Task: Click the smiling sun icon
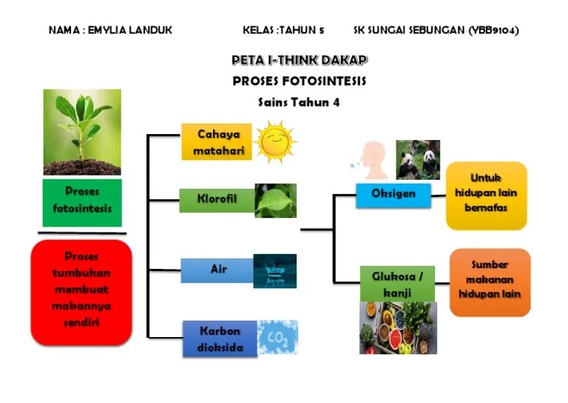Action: (x=274, y=141)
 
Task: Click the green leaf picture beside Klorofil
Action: (x=275, y=201)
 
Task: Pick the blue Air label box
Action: (x=217, y=270)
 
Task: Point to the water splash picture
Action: (x=274, y=270)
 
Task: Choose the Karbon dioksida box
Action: (x=220, y=339)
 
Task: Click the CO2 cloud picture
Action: (x=277, y=338)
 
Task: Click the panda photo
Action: (x=417, y=159)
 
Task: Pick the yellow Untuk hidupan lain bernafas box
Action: (x=486, y=195)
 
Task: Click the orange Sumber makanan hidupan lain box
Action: (x=490, y=282)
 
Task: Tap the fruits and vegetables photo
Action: (x=398, y=327)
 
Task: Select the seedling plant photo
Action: (x=82, y=133)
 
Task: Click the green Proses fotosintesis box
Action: (x=82, y=201)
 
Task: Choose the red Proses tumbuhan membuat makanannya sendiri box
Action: (x=81, y=290)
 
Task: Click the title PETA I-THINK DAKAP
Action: (x=300, y=61)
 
